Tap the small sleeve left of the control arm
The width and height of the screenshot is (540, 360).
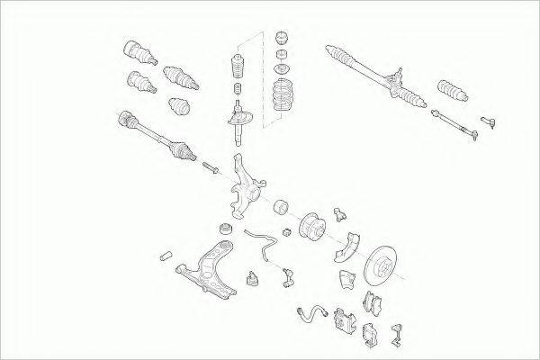coord(166,257)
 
